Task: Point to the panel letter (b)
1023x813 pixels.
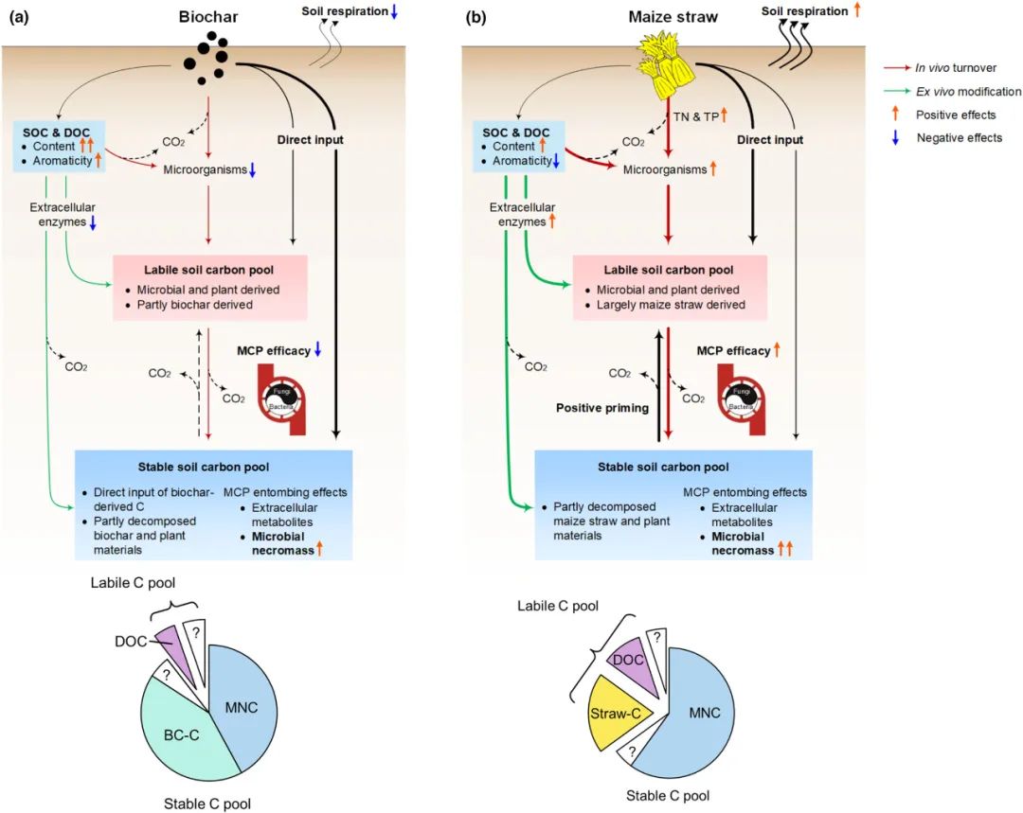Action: tap(476, 16)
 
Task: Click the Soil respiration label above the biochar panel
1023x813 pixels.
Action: tap(345, 11)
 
